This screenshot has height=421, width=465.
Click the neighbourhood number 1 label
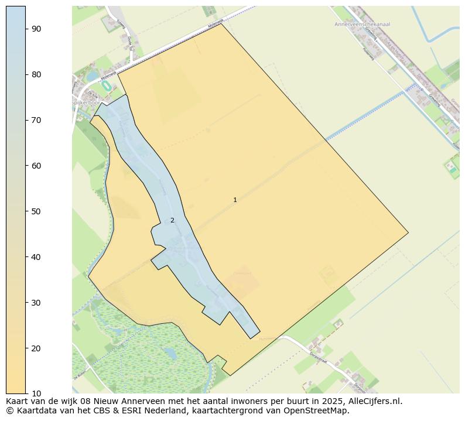tap(235, 200)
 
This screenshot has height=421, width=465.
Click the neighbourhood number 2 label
tap(172, 221)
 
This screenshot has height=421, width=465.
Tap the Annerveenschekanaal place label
tap(362, 25)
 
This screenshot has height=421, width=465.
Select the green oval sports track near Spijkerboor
tap(106, 85)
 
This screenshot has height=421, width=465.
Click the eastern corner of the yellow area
tap(408, 232)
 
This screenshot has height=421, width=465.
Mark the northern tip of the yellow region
tap(221, 23)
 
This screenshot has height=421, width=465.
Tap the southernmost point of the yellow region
tap(230, 375)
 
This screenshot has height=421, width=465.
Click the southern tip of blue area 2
tap(251, 338)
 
